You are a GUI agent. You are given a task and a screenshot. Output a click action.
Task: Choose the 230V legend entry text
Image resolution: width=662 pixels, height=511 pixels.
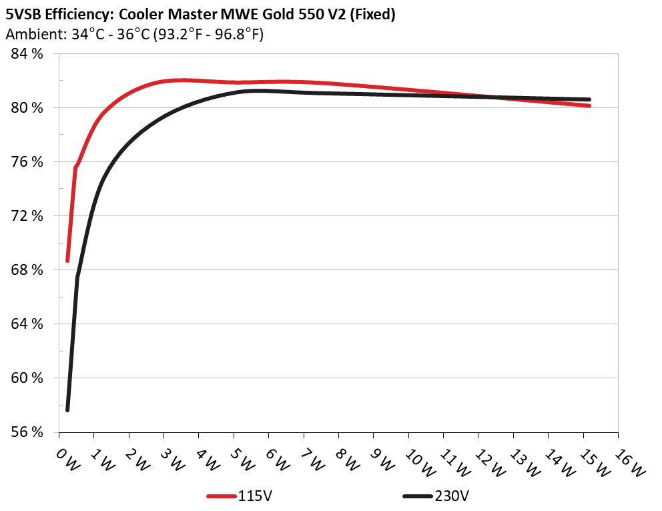click(451, 496)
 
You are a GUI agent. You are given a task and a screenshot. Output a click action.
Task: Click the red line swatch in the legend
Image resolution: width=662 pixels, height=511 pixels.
click(221, 496)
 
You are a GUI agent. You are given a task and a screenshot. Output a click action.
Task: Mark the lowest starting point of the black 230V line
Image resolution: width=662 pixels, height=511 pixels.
click(67, 410)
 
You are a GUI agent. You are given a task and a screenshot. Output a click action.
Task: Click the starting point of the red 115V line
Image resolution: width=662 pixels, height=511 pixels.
click(67, 260)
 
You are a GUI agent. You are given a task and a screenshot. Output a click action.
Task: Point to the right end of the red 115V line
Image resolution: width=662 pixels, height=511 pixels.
click(589, 105)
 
